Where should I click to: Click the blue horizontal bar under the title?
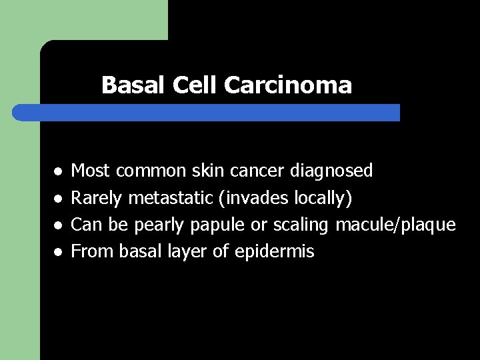[207, 112]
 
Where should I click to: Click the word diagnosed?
[332, 171]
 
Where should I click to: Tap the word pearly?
[159, 225]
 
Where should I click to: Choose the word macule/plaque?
[395, 225]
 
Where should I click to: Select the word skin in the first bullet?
[210, 171]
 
